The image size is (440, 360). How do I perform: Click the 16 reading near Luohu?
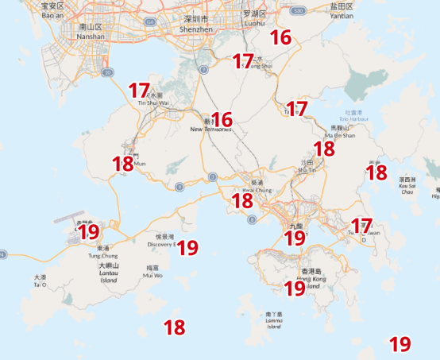280,37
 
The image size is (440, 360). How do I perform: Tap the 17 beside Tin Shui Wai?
139,91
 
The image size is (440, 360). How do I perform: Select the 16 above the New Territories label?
222,119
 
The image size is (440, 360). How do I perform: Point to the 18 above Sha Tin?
323,148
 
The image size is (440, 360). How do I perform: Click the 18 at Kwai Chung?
241,200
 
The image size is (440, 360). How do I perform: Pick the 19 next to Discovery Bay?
187,247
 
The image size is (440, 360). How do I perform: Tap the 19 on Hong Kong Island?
295,288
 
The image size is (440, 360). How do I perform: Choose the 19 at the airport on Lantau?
88,232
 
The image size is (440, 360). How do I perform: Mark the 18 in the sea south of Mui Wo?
174,326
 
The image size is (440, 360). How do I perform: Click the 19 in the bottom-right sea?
400,343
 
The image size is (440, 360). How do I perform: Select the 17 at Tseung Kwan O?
361,225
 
